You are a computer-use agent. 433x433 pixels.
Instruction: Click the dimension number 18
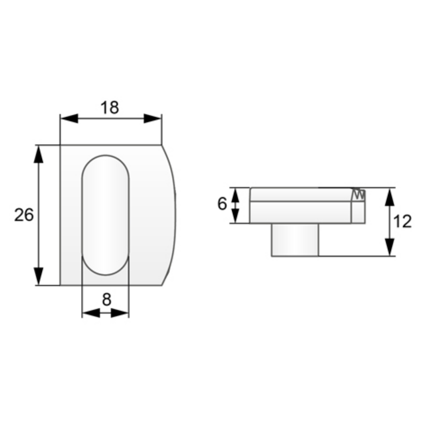tap(110, 108)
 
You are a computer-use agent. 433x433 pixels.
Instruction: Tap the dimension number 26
tap(24, 215)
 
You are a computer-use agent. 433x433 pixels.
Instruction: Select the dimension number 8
tap(106, 299)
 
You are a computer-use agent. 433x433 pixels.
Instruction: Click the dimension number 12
tap(403, 222)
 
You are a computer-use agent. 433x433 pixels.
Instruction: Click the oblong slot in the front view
tap(106, 215)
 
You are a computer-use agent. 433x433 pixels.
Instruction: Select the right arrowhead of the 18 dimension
tap(152, 118)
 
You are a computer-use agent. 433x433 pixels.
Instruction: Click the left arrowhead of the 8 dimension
tap(90, 313)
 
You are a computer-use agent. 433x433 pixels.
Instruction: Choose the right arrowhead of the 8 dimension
tap(121, 313)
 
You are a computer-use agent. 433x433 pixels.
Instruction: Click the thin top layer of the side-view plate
tap(301, 194)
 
